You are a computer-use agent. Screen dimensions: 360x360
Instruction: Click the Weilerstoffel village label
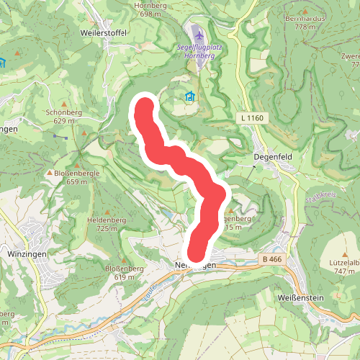pos(106,32)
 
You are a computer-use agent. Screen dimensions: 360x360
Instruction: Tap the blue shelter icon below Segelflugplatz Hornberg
pos(190,96)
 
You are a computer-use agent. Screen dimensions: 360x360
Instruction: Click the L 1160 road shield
pos(248,117)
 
